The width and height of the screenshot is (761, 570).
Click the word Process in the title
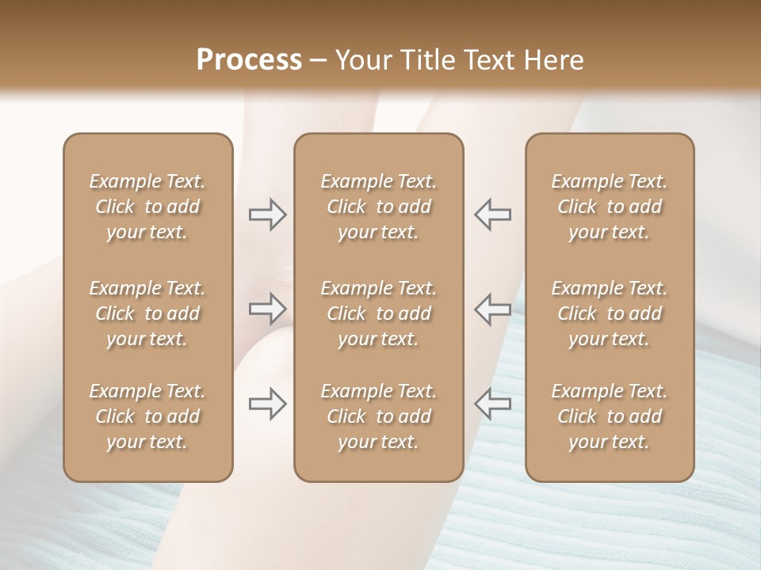249,60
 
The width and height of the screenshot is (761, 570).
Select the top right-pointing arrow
268,214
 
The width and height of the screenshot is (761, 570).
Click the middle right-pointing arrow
268,309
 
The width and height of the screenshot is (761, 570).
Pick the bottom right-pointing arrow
268,404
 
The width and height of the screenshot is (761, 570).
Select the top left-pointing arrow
492,214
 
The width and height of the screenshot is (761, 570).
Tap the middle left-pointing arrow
492,309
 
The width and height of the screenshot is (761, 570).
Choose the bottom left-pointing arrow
492,404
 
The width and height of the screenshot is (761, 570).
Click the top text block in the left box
147,207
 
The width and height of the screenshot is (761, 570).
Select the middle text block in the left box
147,313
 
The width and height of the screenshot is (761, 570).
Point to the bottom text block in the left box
147,416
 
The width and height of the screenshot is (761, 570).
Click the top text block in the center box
379,207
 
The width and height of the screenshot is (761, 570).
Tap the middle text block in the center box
379,313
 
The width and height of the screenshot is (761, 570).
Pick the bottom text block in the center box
379,416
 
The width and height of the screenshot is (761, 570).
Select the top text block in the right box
610,207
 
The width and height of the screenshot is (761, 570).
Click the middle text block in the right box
610,313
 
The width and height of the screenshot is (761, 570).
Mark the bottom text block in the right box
610,416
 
